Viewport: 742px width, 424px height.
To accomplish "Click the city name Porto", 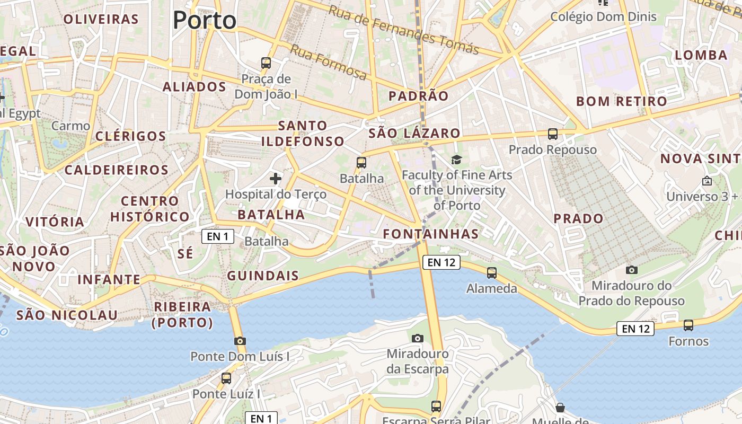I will coord(205,20).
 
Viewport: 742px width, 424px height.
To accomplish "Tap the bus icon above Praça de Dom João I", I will coord(266,63).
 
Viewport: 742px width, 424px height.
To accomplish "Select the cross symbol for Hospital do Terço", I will coord(276,179).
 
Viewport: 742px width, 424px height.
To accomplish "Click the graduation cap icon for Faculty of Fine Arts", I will coord(456,160).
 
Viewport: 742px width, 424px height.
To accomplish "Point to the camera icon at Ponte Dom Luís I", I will coord(240,341).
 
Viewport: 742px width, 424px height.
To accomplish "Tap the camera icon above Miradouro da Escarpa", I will coord(418,338).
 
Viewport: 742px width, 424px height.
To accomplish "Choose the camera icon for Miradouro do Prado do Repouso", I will coord(631,270).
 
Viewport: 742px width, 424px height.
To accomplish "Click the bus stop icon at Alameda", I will coord(492,273).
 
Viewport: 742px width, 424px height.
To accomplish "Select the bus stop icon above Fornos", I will coord(688,325).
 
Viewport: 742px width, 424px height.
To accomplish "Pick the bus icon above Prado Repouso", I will coord(553,134).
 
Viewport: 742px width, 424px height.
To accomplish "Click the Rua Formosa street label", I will coord(328,63).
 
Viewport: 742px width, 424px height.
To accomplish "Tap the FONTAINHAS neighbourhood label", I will coord(431,234).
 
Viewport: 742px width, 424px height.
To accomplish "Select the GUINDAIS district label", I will coord(263,276).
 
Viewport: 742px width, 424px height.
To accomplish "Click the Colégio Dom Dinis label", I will coord(603,16).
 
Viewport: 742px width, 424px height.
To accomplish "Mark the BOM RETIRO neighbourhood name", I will coord(622,101).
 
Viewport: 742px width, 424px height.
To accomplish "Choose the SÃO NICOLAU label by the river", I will coord(67,315).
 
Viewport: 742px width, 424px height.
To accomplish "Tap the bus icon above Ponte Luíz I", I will coord(226,378).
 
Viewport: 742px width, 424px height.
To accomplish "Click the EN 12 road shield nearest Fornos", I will coord(635,329).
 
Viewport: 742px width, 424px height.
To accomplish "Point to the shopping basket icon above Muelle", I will coord(560,408).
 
